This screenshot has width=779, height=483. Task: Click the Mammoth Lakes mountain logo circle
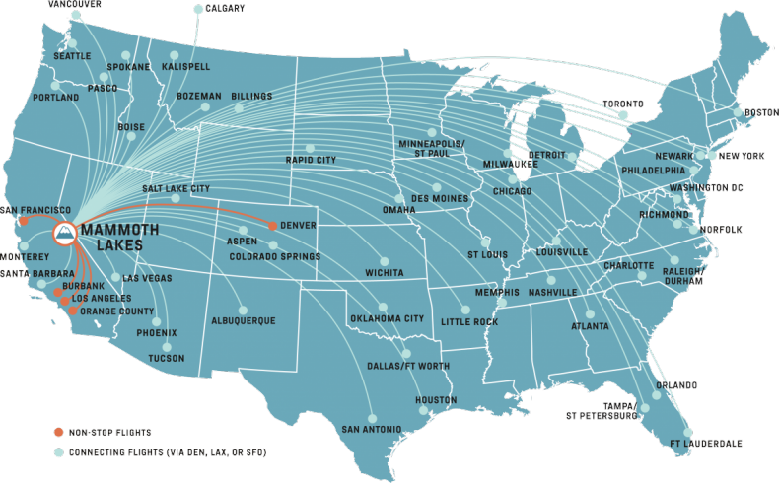click(x=64, y=234)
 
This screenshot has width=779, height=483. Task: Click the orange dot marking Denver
click(x=272, y=226)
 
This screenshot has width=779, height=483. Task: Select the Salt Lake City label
click(x=176, y=188)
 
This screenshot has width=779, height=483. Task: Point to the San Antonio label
click(x=371, y=430)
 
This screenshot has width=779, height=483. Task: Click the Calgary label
click(x=224, y=9)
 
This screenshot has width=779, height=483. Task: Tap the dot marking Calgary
click(x=198, y=9)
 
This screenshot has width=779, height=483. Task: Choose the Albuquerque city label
click(x=244, y=320)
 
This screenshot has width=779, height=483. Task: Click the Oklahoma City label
click(x=387, y=319)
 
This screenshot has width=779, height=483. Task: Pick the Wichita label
click(x=383, y=271)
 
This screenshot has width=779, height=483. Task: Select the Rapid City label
click(x=311, y=160)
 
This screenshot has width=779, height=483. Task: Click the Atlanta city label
click(x=589, y=327)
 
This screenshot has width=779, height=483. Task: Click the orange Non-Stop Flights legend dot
click(x=59, y=432)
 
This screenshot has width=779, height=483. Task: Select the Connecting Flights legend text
click(x=168, y=451)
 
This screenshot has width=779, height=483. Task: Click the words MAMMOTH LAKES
click(x=130, y=235)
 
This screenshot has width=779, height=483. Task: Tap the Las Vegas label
click(x=147, y=278)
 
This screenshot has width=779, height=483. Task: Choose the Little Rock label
click(x=468, y=322)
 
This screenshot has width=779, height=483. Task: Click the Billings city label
click(x=251, y=97)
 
